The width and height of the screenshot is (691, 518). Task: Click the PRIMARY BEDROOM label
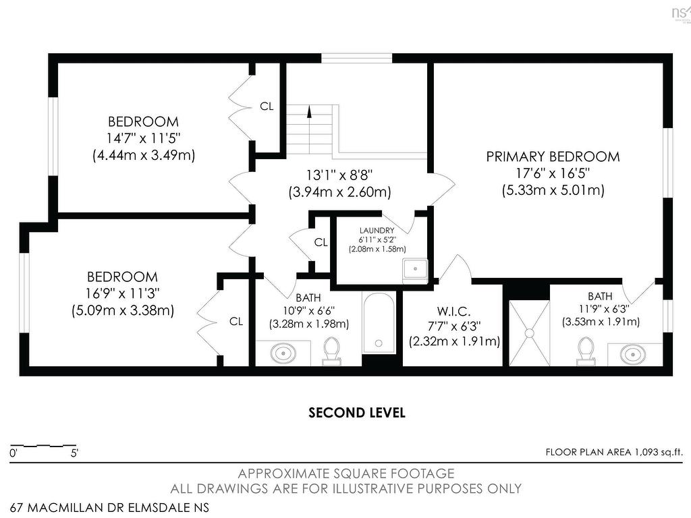click(553, 156)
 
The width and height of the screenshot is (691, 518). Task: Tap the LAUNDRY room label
click(377, 231)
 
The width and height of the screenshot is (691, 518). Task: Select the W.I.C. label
click(454, 312)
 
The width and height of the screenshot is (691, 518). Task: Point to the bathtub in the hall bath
click(379, 323)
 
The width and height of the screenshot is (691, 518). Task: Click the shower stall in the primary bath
click(529, 333)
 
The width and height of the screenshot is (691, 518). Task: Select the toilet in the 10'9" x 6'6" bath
click(332, 351)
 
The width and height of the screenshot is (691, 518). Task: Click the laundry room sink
click(415, 268)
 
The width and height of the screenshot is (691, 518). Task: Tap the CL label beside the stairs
click(267, 106)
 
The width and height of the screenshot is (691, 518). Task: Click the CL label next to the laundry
click(321, 242)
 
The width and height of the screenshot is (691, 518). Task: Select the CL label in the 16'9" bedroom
click(236, 322)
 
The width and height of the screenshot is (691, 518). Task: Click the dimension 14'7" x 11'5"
click(144, 138)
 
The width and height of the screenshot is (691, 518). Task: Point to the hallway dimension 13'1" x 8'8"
click(340, 175)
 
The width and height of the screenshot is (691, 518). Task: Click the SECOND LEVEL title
click(357, 413)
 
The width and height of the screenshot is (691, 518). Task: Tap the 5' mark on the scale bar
click(74, 453)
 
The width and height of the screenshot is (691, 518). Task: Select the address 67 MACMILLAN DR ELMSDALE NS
click(109, 507)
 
